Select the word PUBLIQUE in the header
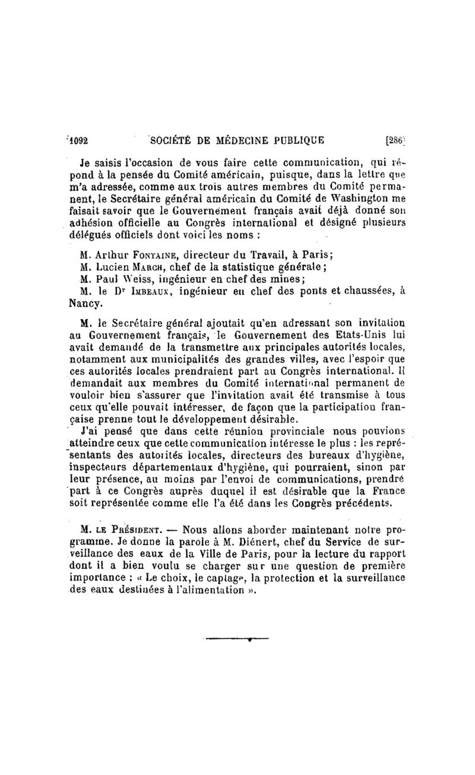click(297, 141)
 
